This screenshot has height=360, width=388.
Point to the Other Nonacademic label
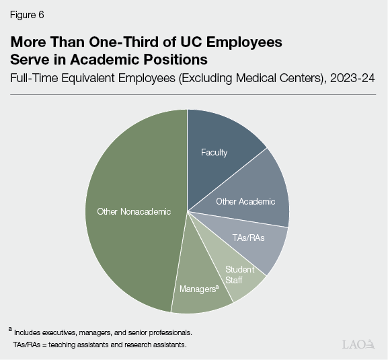pyautogui.click(x=134, y=211)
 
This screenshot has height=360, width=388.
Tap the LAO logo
pyautogui.click(x=358, y=345)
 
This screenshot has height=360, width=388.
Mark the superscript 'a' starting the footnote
pyautogui.click(x=10, y=329)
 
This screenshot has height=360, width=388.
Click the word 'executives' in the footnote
pyautogui.click(x=66, y=332)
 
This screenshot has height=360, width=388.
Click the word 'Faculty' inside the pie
pyautogui.click(x=214, y=152)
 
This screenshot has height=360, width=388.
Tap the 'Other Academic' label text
pyautogui.click(x=245, y=201)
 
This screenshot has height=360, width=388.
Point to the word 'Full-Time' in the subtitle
pyautogui.click(x=32, y=79)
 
